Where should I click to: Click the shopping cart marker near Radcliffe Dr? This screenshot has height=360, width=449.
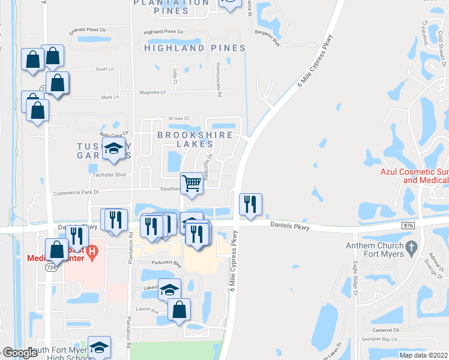[x=191, y=183]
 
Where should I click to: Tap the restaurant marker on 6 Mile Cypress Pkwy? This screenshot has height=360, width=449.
[x=250, y=205]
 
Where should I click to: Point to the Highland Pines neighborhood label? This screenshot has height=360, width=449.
[x=194, y=48]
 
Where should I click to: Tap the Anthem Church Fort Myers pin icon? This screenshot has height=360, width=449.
[x=411, y=247]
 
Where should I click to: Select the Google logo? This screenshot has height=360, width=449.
[x=19, y=353]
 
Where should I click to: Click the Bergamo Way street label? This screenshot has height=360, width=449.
[x=267, y=35]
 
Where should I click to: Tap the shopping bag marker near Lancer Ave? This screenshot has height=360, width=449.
[x=179, y=310]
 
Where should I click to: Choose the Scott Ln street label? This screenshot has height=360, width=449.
[x=105, y=69]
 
